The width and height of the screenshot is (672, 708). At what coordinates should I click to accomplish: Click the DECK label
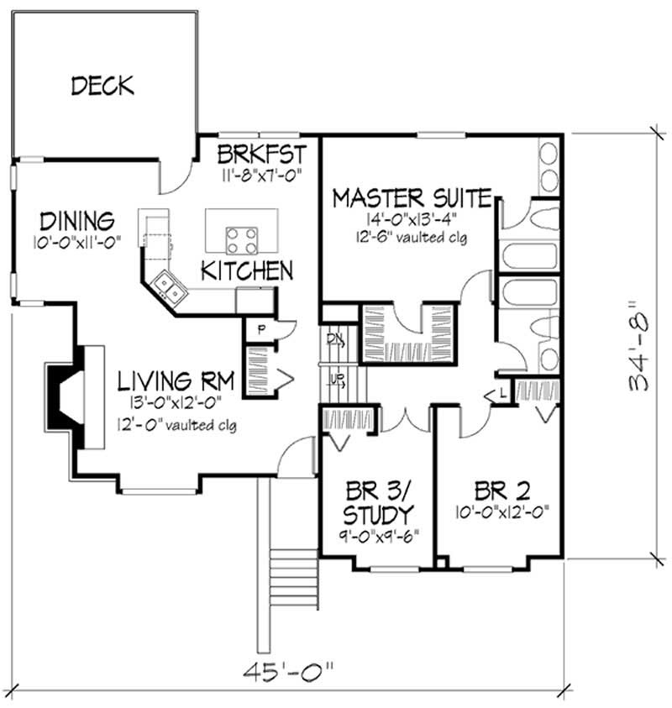(102, 85)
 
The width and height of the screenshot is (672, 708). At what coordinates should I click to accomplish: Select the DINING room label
(76, 222)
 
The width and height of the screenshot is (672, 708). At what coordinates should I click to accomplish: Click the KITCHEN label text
(246, 270)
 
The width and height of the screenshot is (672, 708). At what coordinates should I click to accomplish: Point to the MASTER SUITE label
(412, 198)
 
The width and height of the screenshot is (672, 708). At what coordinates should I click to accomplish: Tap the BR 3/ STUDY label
(381, 501)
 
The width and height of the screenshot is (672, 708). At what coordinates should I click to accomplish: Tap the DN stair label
(334, 340)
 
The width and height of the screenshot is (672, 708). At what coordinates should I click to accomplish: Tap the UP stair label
(335, 380)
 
